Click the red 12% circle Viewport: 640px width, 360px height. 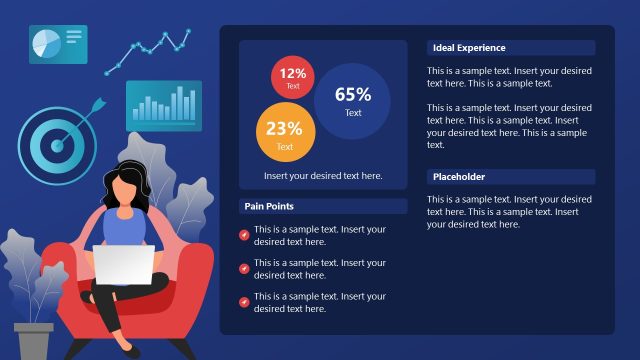pyautogui.click(x=293, y=76)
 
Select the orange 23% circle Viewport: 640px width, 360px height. pyautogui.click(x=285, y=132)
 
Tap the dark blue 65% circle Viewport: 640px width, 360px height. pyautogui.click(x=352, y=100)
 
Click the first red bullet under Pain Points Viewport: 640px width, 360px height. pyautogui.click(x=244, y=235)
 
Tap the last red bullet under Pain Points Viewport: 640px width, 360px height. pyautogui.click(x=244, y=302)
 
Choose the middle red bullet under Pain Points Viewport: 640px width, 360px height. pyautogui.click(x=244, y=268)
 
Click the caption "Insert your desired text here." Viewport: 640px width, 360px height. pyautogui.click(x=323, y=176)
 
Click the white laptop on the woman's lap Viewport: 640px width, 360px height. pyautogui.click(x=124, y=261)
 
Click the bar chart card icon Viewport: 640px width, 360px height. pyautogui.click(x=163, y=105)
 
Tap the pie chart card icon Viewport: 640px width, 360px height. pyautogui.click(x=58, y=43)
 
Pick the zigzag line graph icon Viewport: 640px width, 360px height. pyautogui.click(x=148, y=50)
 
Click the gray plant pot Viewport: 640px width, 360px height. pyautogui.click(x=33, y=340)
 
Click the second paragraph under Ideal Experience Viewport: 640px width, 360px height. pyautogui.click(x=510, y=125)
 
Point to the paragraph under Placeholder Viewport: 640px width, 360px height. pyautogui.click(x=510, y=212)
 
